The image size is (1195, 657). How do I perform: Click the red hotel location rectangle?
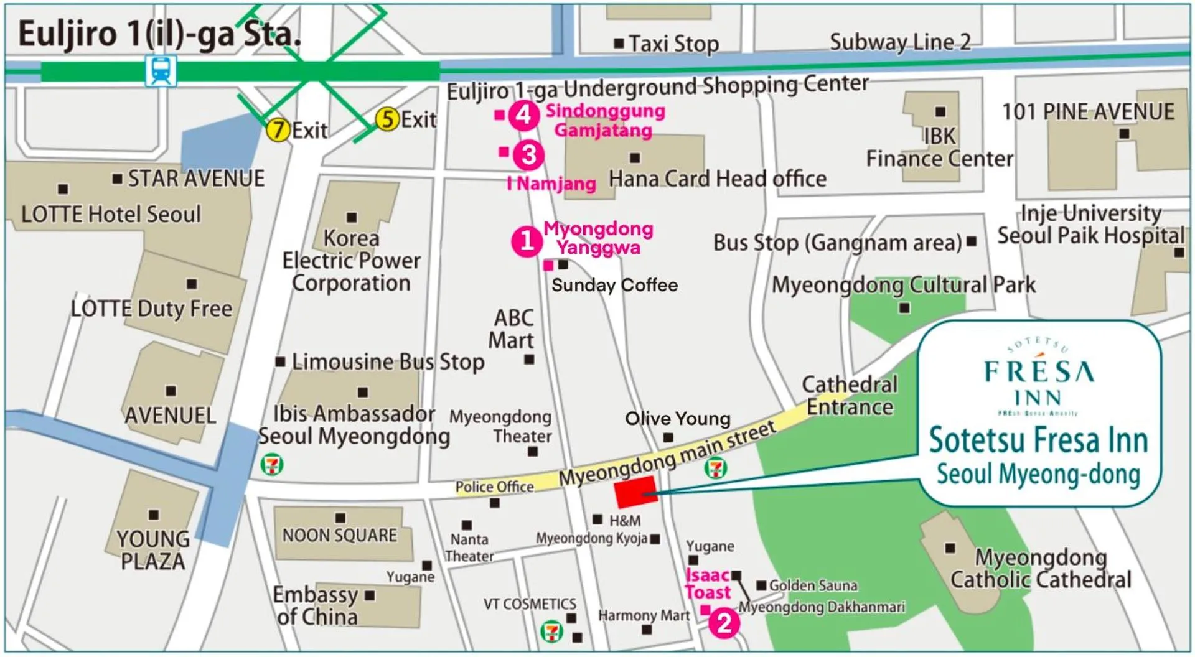(x=635, y=492)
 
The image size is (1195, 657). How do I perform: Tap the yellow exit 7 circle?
(x=278, y=130)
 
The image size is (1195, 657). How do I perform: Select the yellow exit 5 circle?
(x=387, y=119)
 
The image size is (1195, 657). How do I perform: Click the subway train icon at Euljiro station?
(x=161, y=70)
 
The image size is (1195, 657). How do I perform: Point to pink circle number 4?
(x=523, y=115)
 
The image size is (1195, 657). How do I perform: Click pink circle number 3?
(x=528, y=155)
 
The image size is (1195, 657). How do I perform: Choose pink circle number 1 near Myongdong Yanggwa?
(x=527, y=241)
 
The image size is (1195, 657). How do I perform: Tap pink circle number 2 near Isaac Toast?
(x=724, y=623)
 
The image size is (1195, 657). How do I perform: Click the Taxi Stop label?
(x=673, y=44)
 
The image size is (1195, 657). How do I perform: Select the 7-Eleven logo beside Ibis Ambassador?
(x=272, y=464)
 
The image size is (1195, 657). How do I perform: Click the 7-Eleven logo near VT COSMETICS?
(x=551, y=631)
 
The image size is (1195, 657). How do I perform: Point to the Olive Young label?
(x=677, y=419)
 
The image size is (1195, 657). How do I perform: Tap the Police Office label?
(x=494, y=487)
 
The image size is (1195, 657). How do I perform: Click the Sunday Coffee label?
(x=614, y=285)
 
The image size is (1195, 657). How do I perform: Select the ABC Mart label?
(x=512, y=329)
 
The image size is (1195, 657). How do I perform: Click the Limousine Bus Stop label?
(x=388, y=361)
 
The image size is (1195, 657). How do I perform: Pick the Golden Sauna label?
(x=813, y=585)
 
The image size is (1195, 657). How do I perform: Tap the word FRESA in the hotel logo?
(x=1038, y=372)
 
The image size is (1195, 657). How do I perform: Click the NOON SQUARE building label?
(x=339, y=535)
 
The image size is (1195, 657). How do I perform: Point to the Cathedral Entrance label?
(x=850, y=396)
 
